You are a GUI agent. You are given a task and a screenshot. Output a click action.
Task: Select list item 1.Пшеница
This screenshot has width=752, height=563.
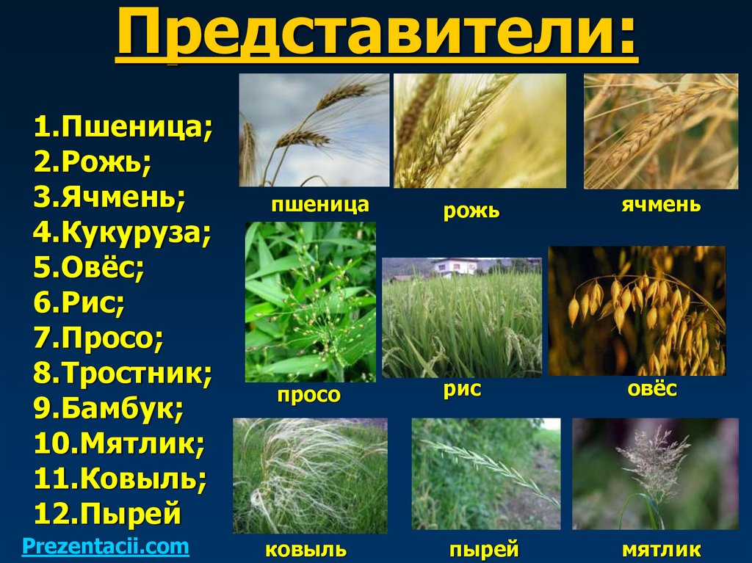[x=123, y=129]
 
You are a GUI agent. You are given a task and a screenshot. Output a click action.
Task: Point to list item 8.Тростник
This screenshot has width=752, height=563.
[x=123, y=374]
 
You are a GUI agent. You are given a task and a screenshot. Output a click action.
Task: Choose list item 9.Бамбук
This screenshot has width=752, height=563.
[x=108, y=408]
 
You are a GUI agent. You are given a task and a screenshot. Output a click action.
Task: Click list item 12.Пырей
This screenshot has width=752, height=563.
[x=106, y=513]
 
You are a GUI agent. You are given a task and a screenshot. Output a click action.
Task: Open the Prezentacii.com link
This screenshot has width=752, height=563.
[x=106, y=546]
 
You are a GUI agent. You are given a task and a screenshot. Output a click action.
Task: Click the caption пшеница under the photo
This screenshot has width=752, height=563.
[x=319, y=204]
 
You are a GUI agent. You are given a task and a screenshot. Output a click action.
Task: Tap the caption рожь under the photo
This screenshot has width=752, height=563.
[x=471, y=212]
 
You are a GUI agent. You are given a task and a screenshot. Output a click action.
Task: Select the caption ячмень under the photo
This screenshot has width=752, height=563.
[x=661, y=205]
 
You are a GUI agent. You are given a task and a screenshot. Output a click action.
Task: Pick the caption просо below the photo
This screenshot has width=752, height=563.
[x=308, y=396]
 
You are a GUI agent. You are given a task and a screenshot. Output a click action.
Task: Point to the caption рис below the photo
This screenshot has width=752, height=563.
[x=462, y=390]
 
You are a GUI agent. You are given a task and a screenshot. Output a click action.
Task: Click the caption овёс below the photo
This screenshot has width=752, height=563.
[x=651, y=390]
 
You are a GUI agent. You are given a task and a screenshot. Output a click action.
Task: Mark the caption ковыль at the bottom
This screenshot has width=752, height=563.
[x=306, y=550]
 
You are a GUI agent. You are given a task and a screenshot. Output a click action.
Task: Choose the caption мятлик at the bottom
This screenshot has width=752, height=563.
[x=661, y=550]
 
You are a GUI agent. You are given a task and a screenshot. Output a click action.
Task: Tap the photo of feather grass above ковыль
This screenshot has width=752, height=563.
[x=309, y=475]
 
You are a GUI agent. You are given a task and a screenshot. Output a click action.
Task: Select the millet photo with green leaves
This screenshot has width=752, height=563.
[x=310, y=302]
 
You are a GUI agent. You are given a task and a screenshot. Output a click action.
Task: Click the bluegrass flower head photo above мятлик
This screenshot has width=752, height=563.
[x=655, y=473]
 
